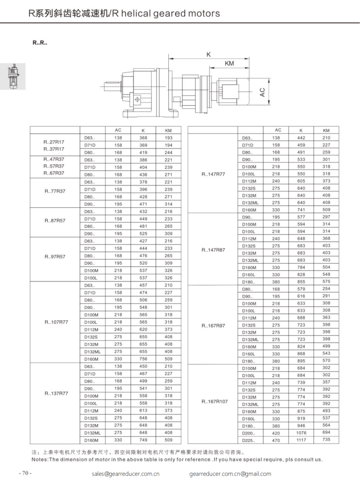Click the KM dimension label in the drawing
click(x=229, y=63)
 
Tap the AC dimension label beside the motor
click(x=262, y=93)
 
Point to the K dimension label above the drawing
click(x=209, y=54)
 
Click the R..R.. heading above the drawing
click(x=40, y=43)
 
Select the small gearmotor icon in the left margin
click(x=13, y=76)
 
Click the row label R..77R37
click(x=54, y=191)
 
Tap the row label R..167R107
click(x=215, y=401)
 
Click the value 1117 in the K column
click(x=301, y=439)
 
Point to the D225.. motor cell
click(x=249, y=440)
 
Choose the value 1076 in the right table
click(x=301, y=432)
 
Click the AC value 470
click(x=276, y=439)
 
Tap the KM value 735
click(x=326, y=439)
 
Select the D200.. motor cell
click(x=249, y=432)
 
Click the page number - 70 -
click(x=25, y=473)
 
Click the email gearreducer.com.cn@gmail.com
click(x=230, y=474)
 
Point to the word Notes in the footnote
click(x=39, y=460)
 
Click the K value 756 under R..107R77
click(x=143, y=359)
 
